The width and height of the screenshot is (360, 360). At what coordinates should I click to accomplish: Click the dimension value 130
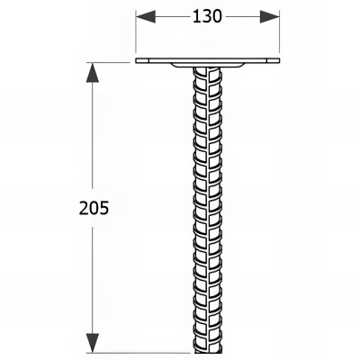[x=209, y=17]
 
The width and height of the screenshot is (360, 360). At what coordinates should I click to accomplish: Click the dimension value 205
[x=94, y=208]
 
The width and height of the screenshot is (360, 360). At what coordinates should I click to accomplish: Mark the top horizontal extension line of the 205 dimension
[x=112, y=61]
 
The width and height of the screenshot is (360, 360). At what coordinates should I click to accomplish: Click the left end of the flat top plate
[x=139, y=62]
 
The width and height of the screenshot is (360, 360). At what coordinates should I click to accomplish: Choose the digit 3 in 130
[x=208, y=17]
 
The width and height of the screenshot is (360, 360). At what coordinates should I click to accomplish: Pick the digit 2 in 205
[x=83, y=208]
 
